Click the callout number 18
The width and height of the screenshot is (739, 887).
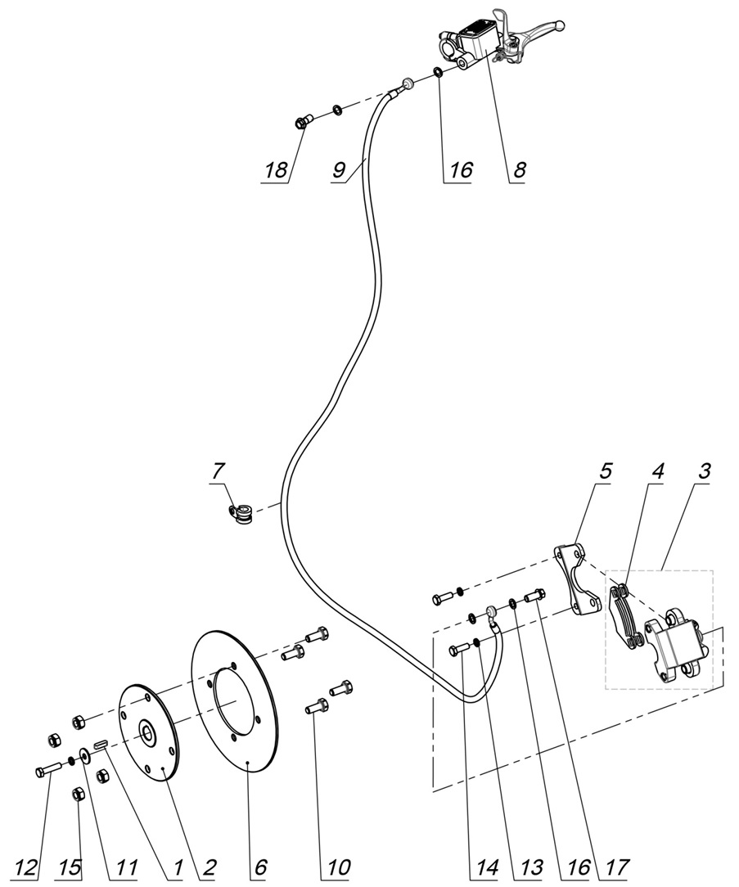coord(275,170)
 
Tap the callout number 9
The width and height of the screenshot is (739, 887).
coord(339,170)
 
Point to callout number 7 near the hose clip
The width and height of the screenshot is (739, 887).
coord(217,472)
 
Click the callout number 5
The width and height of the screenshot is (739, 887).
coord(606,472)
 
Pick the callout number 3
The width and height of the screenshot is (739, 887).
coord(704,472)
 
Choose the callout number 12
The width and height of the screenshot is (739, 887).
coord(26,867)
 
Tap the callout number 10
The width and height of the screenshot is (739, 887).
coord(338,867)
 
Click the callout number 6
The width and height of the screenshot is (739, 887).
coord(260,867)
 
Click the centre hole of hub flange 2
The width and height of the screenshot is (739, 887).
coord(149,732)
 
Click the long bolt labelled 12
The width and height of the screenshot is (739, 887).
coord(49,770)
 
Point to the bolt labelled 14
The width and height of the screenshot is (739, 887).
coord(458,650)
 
